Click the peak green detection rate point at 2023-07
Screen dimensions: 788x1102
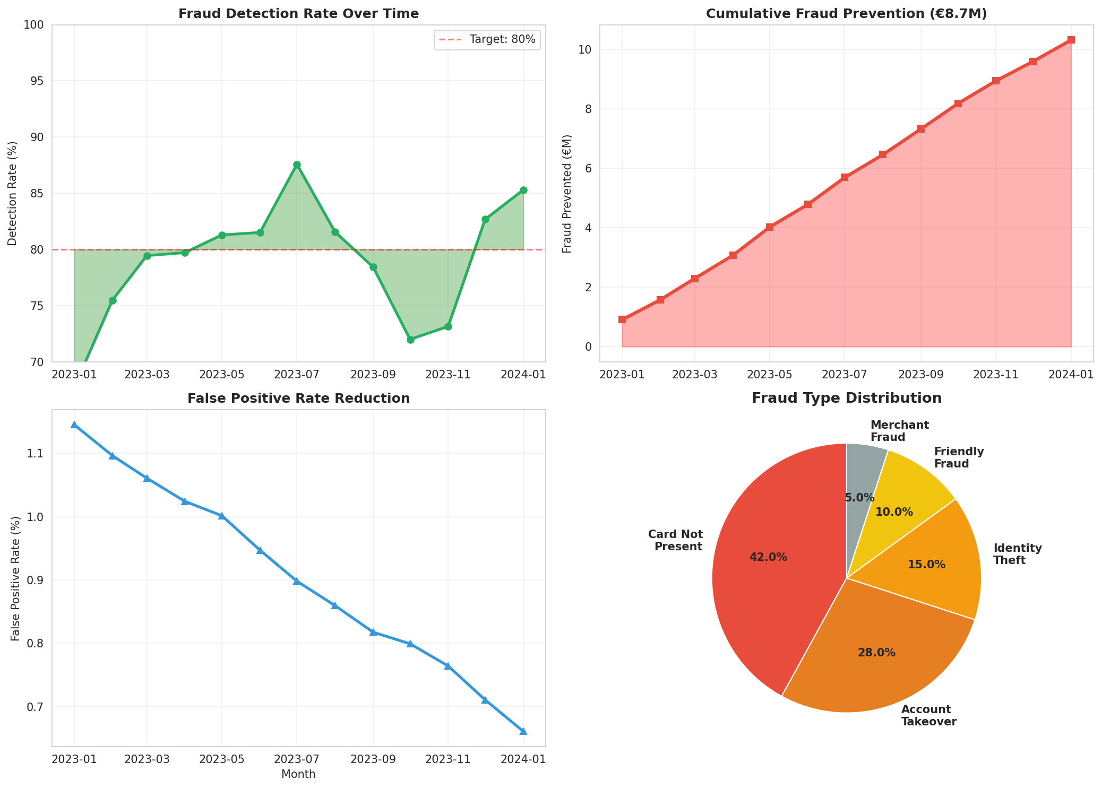[297, 165]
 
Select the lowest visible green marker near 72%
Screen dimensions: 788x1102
[410, 340]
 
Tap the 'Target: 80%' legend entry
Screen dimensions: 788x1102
[486, 40]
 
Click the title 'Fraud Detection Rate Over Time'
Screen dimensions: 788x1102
[298, 14]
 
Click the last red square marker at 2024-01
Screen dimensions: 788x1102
[1071, 40]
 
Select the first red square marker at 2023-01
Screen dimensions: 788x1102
[622, 319]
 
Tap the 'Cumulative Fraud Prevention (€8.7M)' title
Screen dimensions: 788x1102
[846, 14]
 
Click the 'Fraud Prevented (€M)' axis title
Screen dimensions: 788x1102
[567, 194]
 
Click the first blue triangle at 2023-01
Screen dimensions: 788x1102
[74, 425]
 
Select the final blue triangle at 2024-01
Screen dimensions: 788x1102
[523, 731]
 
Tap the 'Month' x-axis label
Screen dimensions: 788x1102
[298, 774]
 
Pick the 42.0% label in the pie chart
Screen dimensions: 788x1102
[768, 557]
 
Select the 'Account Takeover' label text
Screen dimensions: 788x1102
[928, 715]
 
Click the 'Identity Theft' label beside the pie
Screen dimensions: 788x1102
[1017, 554]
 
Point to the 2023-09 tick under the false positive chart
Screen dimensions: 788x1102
[373, 760]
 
